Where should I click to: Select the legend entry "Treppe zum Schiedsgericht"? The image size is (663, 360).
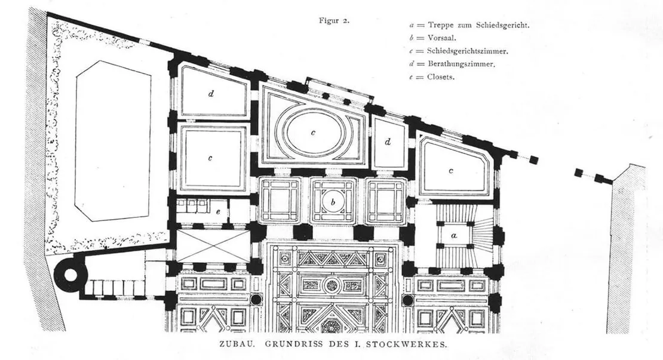click(x=469, y=26)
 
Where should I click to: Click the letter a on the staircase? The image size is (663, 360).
click(x=453, y=236)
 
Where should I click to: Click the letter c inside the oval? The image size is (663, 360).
click(x=312, y=133)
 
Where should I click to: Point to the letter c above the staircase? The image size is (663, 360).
click(x=451, y=171)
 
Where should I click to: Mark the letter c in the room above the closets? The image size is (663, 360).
click(x=210, y=158)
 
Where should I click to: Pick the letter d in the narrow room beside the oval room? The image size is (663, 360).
click(x=388, y=142)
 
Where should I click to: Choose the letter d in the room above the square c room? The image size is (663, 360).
click(x=211, y=94)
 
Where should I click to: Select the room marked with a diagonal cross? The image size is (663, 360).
click(x=213, y=246)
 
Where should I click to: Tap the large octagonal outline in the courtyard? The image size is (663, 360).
click(x=113, y=140)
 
